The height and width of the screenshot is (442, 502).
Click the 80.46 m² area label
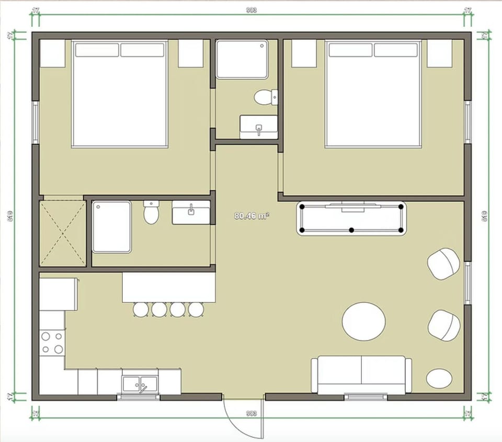coord(252,216)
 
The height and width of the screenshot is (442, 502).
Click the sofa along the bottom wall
coord(361,375)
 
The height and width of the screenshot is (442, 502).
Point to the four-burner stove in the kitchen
coord(52,343)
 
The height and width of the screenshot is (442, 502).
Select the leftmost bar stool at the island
coord(141,310)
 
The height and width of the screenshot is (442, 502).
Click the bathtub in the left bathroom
coord(112,227)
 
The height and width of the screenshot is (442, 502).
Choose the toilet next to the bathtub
coord(151,212)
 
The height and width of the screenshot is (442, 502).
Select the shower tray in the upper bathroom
coord(242,59)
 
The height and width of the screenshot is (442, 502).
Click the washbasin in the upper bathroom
coord(258,127)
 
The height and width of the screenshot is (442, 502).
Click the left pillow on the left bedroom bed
coord(97,50)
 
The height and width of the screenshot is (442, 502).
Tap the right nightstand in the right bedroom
coord(439,53)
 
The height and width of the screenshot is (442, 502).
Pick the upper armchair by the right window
coord(444,263)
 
